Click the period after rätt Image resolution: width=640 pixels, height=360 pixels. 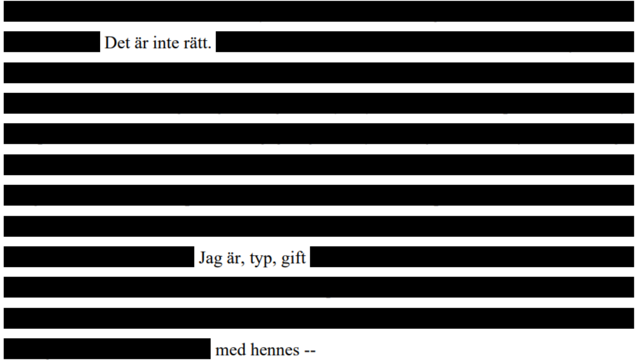[210, 47]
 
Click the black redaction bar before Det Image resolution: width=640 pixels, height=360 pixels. [52, 41]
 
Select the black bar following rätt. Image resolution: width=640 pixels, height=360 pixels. [425, 41]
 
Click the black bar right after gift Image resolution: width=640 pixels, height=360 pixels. [472, 257]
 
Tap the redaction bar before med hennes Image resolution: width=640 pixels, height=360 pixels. [107, 348]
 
